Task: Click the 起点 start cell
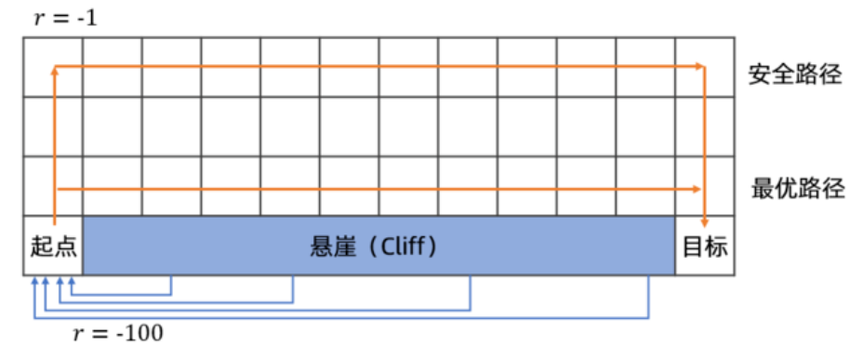coord(53,247)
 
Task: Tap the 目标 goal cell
coord(706,247)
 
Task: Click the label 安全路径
coord(795,74)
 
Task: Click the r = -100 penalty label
coord(118,332)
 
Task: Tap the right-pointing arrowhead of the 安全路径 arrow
coord(699,66)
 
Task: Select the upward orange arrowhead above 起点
coord(55,71)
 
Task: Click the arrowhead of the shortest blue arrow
coord(71,280)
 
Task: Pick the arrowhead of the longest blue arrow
coord(33,280)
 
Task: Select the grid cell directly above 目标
coord(706,186)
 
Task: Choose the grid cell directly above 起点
coord(53,186)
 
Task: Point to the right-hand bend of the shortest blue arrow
coord(171,295)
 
